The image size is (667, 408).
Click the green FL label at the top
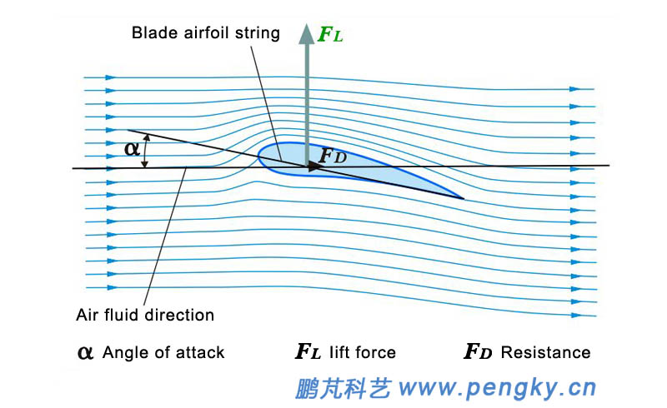pos(331,35)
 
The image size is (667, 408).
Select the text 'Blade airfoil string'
pos(205,34)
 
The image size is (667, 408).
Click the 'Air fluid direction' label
pos(145,315)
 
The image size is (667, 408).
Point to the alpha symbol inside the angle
pos(132,149)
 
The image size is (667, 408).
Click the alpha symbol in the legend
pos(85,352)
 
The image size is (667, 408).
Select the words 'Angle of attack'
pos(163,352)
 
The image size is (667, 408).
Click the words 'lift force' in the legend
pos(362,352)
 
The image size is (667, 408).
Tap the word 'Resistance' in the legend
pos(545,352)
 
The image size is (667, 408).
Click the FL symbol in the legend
pos(308,352)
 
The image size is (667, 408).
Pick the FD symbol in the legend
pos(478,352)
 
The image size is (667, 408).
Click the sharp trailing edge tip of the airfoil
pos(463,198)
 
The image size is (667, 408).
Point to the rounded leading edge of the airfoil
pos(260,155)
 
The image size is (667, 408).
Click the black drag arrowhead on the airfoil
pos(315,167)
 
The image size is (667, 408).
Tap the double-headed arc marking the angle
pos(146,152)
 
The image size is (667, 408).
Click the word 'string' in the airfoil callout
pos(260,34)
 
